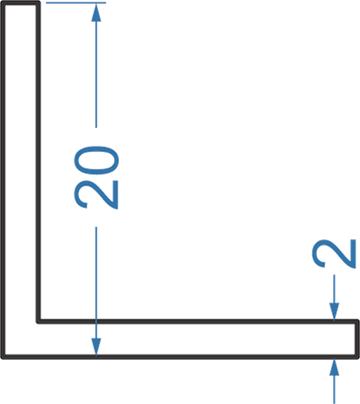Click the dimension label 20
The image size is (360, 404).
pyautogui.click(x=96, y=177)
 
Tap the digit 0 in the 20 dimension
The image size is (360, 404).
pyautogui.click(x=96, y=160)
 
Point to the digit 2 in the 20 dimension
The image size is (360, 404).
pyautogui.click(x=96, y=194)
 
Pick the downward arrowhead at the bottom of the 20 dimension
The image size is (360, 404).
pyautogui.click(x=96, y=347)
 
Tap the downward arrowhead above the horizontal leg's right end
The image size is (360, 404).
pyautogui.click(x=334, y=312)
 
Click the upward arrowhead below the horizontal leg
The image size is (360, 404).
pyautogui.click(x=334, y=366)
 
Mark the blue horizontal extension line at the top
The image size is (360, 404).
pyautogui.click(x=76, y=3)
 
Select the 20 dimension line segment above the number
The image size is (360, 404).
pyautogui.click(x=96, y=66)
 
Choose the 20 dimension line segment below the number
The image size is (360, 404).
pyautogui.click(x=96, y=292)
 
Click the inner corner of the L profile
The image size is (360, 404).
pyautogui.click(x=39, y=322)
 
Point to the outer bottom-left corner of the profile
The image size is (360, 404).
pyautogui.click(x=3, y=357)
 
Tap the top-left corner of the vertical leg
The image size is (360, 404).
pyautogui.click(x=3, y=3)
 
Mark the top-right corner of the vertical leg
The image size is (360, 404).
pyautogui.click(x=39, y=3)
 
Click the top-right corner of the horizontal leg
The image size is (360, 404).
pyautogui.click(x=357, y=322)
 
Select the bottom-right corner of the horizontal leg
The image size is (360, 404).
pyautogui.click(x=357, y=357)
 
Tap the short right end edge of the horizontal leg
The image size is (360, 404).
pyautogui.click(x=357, y=339)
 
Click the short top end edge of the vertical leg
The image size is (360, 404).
pyautogui.click(x=21, y=3)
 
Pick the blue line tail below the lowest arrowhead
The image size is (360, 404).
pyautogui.click(x=334, y=390)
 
